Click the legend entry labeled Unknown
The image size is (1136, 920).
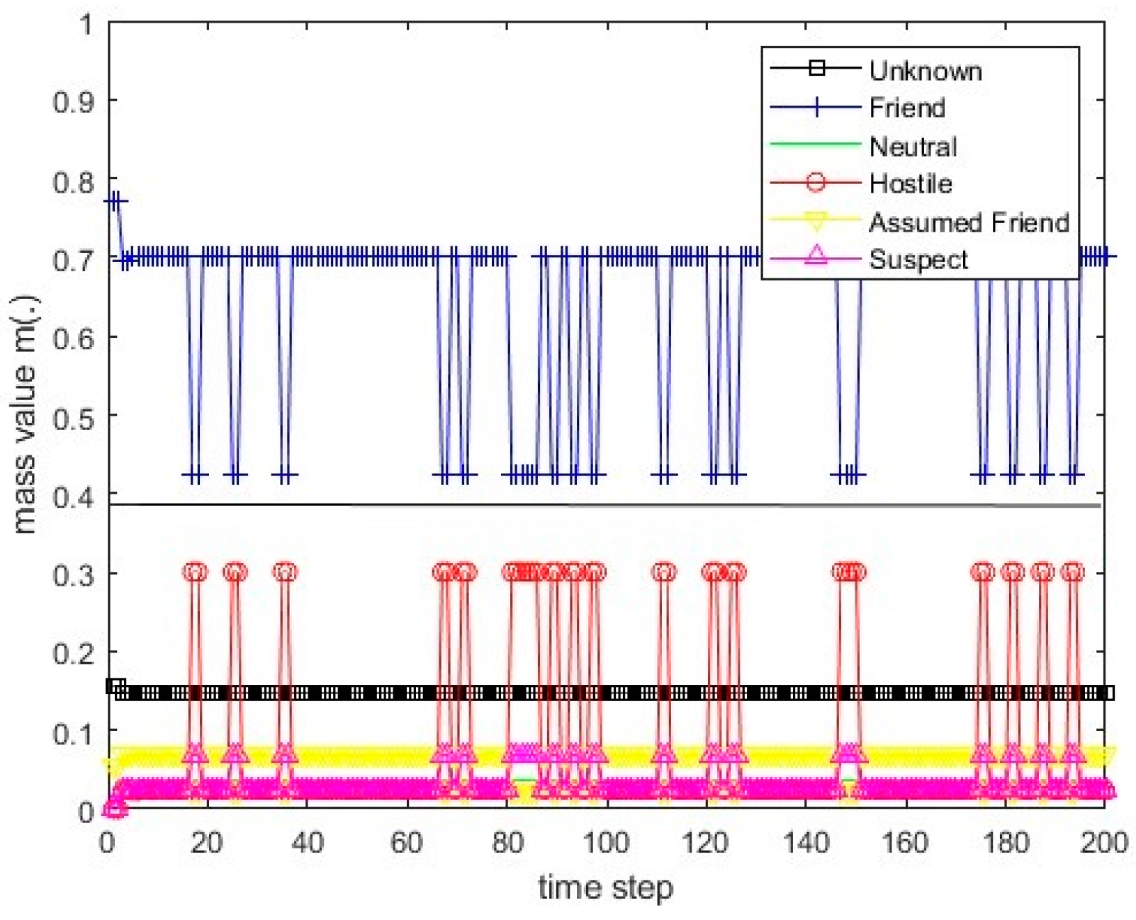click(x=925, y=71)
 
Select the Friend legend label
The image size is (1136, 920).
click(x=907, y=108)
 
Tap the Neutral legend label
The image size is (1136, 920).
click(x=913, y=147)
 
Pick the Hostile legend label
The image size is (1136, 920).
click(x=911, y=183)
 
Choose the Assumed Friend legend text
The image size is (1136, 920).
click(x=968, y=222)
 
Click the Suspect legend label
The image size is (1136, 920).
click(x=918, y=259)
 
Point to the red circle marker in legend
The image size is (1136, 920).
click(x=816, y=183)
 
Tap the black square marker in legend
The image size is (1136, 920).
click(x=816, y=69)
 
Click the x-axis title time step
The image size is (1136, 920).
click(x=605, y=887)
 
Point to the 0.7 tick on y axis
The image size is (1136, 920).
click(x=74, y=260)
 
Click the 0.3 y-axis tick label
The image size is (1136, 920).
click(x=74, y=574)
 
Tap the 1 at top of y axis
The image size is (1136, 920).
click(x=86, y=25)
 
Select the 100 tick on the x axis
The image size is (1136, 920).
click(x=605, y=843)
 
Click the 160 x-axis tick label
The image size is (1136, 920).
click(x=905, y=843)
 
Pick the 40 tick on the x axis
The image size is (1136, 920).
click(x=306, y=843)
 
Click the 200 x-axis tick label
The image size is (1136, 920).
click(x=1103, y=843)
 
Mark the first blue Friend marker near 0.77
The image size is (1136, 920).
click(x=111, y=201)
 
